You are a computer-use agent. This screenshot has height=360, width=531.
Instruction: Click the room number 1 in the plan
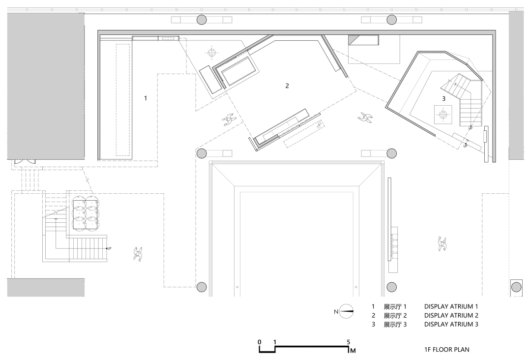click(146, 98)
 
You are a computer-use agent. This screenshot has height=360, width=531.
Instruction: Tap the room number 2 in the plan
click(287, 86)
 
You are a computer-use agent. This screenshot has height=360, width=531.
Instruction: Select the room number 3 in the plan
click(443, 98)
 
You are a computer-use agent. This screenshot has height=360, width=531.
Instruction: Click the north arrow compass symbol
click(347, 311)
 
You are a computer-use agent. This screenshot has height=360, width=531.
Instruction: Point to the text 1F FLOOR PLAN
click(446, 350)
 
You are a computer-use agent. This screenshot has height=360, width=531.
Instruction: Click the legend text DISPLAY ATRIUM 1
click(451, 306)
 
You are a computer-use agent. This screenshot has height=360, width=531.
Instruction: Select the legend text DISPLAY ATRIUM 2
click(451, 315)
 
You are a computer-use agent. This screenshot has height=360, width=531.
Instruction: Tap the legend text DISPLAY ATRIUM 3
click(451, 324)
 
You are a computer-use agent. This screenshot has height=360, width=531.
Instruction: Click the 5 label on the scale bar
click(349, 342)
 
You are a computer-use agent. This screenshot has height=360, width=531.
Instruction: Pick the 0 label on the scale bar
click(260, 342)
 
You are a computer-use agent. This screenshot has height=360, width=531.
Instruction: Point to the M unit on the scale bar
click(353, 351)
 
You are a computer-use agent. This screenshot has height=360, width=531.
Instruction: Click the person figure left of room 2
click(229, 119)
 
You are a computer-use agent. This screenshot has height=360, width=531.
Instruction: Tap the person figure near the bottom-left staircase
click(138, 253)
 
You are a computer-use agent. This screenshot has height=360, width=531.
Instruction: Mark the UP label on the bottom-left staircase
click(109, 248)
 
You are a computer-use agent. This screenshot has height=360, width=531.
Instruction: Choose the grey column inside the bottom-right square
click(516, 287)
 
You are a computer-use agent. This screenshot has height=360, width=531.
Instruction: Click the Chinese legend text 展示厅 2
click(395, 316)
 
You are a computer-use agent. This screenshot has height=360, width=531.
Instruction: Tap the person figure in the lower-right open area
click(442, 243)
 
